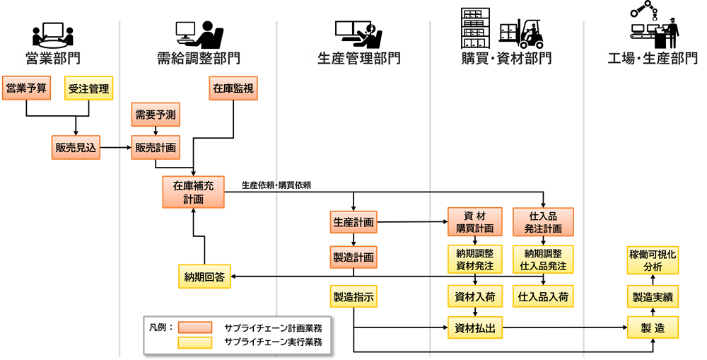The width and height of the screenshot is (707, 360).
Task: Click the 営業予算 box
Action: pyautogui.click(x=26, y=88)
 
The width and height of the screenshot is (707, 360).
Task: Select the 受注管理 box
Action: pyautogui.click(x=88, y=88)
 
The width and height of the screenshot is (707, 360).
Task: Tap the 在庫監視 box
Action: pyautogui.click(x=233, y=88)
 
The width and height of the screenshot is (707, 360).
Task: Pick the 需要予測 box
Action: pyautogui.click(x=155, y=114)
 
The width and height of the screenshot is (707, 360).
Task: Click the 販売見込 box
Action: pyautogui.click(x=76, y=147)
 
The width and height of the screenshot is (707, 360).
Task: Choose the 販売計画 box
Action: pyautogui.click(x=156, y=147)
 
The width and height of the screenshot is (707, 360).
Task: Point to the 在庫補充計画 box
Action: pyautogui.click(x=193, y=192)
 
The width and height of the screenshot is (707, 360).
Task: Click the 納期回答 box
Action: pyautogui.click(x=204, y=277)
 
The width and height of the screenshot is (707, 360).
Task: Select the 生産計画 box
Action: pyautogui.click(x=353, y=222)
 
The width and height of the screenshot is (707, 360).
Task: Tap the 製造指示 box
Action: pyautogui.click(x=353, y=296)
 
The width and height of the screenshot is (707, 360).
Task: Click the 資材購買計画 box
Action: pyautogui.click(x=474, y=222)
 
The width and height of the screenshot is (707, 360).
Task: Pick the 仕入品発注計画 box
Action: pyautogui.click(x=543, y=222)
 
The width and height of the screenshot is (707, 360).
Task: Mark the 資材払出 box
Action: pyautogui.click(x=474, y=327)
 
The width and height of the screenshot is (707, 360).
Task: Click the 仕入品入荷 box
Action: pyautogui.click(x=543, y=296)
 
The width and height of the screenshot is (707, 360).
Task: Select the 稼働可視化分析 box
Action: pyautogui.click(x=653, y=260)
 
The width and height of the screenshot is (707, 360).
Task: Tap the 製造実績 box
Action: pyautogui.click(x=653, y=296)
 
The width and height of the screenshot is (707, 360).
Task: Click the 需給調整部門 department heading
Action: pyautogui.click(x=199, y=59)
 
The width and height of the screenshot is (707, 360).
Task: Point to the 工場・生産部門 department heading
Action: pyautogui.click(x=653, y=59)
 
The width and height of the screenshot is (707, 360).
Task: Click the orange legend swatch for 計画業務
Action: pyautogui.click(x=194, y=327)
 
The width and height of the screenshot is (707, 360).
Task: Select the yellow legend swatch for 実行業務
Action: pyautogui.click(x=194, y=342)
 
